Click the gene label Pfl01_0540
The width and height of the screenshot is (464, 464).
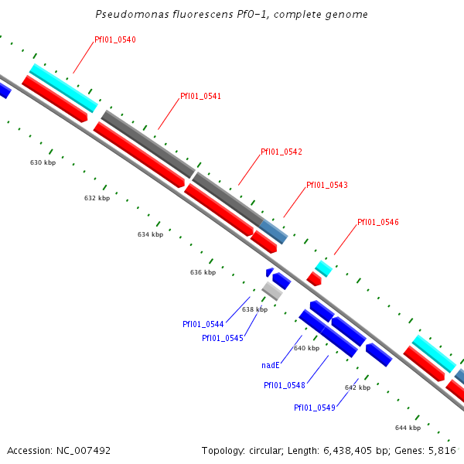pos(115,39)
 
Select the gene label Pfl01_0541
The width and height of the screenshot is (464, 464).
pos(200,97)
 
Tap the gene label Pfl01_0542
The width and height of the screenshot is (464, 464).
pos(281,152)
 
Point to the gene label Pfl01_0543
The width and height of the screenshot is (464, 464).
pos(327,186)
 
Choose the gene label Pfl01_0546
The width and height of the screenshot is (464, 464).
pos(378,223)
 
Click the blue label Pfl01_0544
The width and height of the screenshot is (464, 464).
pos(203,325)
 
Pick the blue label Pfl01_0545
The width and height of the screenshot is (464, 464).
pos(223,338)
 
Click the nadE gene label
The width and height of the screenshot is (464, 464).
pos(271,365)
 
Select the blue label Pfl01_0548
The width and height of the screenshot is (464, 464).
pos(284,385)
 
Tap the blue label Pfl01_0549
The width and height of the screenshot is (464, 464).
pos(315,408)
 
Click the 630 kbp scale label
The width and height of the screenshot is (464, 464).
pos(43,163)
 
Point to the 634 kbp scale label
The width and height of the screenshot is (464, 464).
pos(151,234)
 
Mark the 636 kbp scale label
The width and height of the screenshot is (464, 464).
pos(203,272)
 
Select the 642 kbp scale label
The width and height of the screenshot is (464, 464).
pos(357,387)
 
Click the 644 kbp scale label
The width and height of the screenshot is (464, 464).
pos(408,428)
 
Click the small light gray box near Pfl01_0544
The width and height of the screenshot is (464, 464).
pos(272,291)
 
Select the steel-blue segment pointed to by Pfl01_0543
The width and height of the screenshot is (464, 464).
pos(275,230)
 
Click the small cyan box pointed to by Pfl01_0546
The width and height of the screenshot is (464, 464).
pos(324,268)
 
